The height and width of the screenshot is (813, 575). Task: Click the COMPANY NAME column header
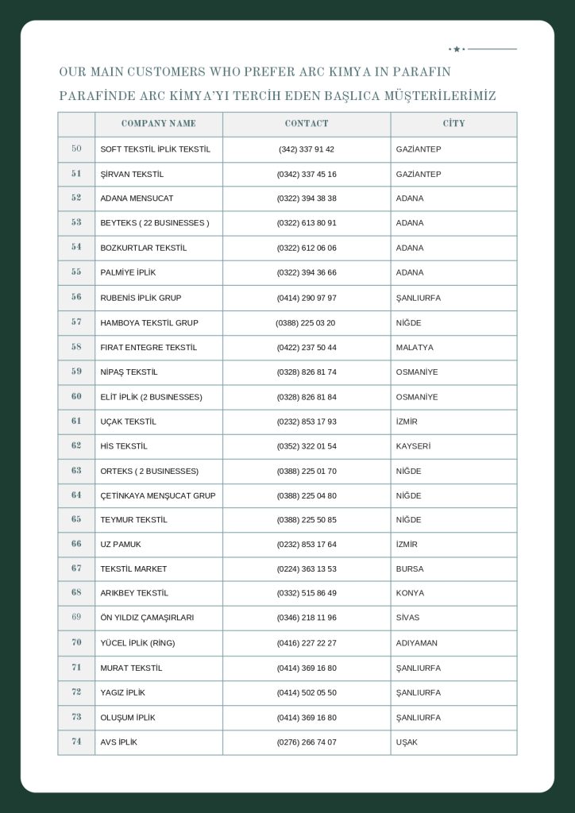click(158, 124)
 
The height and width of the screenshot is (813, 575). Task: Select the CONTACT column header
click(307, 124)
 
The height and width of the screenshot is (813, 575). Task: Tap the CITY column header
click(453, 124)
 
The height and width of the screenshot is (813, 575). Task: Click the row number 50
click(76, 148)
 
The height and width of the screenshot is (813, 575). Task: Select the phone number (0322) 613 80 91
click(307, 223)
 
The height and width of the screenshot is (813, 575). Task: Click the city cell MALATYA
click(415, 348)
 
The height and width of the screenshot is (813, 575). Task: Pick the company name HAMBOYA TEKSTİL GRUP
click(149, 323)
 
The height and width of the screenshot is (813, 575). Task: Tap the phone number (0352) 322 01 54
click(307, 446)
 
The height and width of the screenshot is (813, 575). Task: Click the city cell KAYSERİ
click(413, 446)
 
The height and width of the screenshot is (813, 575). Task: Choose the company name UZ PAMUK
click(121, 545)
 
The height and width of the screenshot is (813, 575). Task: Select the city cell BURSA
click(410, 569)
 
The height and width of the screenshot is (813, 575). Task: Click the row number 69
click(76, 617)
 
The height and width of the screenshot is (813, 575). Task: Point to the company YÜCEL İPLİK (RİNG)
click(137, 643)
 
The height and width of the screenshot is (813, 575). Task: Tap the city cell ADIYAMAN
click(416, 643)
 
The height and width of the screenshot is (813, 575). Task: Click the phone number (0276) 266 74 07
click(307, 742)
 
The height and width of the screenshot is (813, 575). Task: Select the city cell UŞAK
click(407, 742)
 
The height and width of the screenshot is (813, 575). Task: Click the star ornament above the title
click(457, 49)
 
